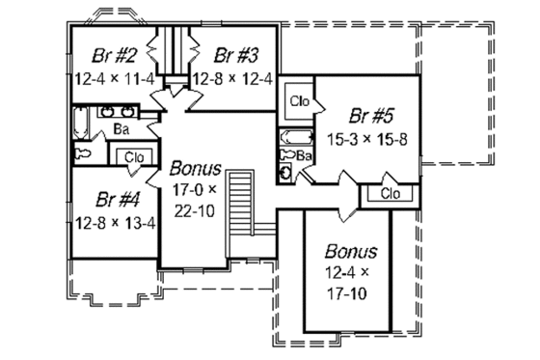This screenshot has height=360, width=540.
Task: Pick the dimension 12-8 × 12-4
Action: pos(231,78)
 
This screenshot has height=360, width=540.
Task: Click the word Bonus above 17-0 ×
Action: pos(194,165)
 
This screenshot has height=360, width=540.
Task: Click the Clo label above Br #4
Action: pos(133,156)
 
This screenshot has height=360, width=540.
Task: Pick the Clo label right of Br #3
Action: pos(297,99)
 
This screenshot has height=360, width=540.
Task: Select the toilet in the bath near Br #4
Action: pos(83,153)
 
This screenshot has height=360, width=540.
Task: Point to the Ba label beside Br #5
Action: pos(303,154)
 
